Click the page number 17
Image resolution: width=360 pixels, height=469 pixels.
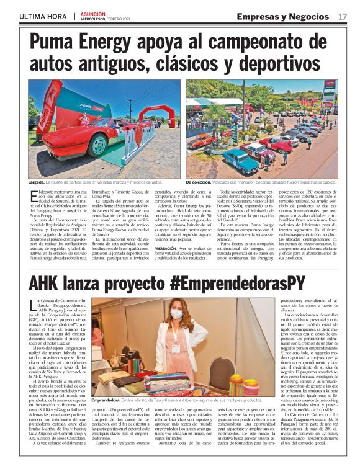[343, 16]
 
